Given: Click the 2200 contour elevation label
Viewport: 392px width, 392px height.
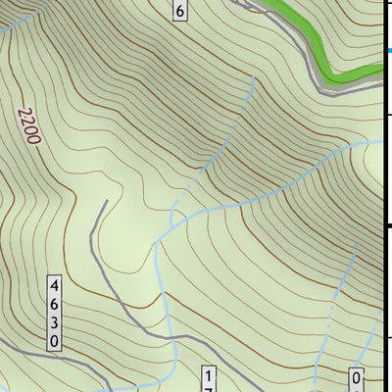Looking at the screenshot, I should [28, 125].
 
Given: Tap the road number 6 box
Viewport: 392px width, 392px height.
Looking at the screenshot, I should [178, 11].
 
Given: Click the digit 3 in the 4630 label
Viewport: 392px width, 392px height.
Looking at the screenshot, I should [56, 322].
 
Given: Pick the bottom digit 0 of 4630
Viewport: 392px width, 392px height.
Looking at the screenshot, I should [56, 341].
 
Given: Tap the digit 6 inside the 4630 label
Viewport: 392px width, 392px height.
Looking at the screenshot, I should [56, 304].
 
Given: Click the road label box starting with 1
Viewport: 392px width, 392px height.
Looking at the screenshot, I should [208, 379].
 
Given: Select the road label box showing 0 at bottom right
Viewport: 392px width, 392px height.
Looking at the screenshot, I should [357, 380].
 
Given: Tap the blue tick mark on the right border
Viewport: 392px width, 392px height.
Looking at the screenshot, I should [388, 51].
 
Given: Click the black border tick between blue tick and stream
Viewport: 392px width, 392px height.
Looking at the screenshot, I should [387, 115].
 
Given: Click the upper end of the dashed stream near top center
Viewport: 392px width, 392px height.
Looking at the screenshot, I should [254, 81].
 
